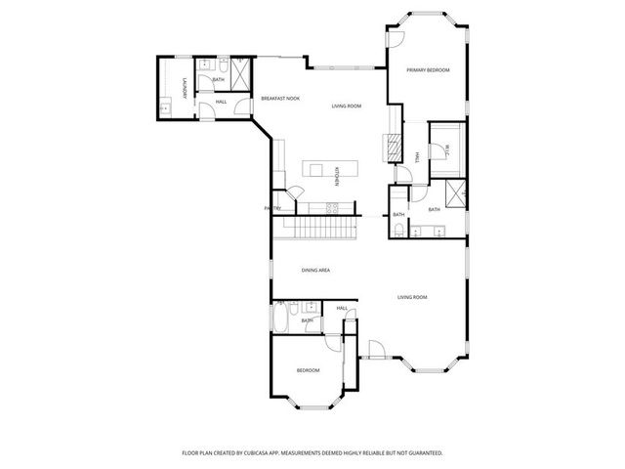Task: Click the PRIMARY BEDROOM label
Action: point(428,70)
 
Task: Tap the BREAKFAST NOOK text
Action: point(279,99)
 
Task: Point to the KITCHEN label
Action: point(337,176)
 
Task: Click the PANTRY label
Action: point(272,208)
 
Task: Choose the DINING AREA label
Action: point(314,270)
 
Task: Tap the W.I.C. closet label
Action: point(446,149)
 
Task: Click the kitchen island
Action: point(319,169)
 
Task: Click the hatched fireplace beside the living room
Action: point(392,147)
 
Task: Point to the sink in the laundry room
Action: point(166,104)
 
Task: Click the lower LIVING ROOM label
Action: point(412,297)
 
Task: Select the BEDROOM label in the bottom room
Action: point(308,370)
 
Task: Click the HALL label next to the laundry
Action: point(221,102)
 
